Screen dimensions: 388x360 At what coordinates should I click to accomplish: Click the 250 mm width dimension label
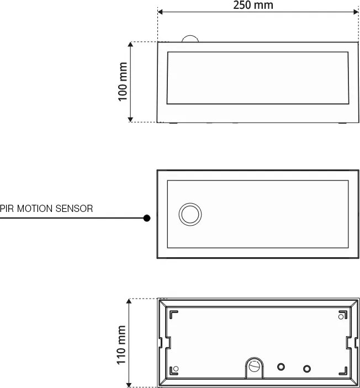coord(253,6)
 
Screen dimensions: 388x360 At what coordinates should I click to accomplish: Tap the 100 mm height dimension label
coord(123,81)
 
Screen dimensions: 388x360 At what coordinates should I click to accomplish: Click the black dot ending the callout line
coord(147,218)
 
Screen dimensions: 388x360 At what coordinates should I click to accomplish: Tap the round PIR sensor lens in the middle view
coord(190,213)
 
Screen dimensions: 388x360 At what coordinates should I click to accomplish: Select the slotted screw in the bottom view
coord(254,365)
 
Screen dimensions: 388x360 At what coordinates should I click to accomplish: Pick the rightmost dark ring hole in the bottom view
coord(307,368)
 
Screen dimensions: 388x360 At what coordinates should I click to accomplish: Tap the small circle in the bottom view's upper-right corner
coord(340,316)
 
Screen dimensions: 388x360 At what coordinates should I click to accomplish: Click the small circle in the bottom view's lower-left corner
coord(176,368)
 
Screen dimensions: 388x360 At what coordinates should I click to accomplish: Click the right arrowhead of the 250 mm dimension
coord(355,10)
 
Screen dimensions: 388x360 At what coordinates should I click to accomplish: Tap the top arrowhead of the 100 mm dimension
coord(130,44)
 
